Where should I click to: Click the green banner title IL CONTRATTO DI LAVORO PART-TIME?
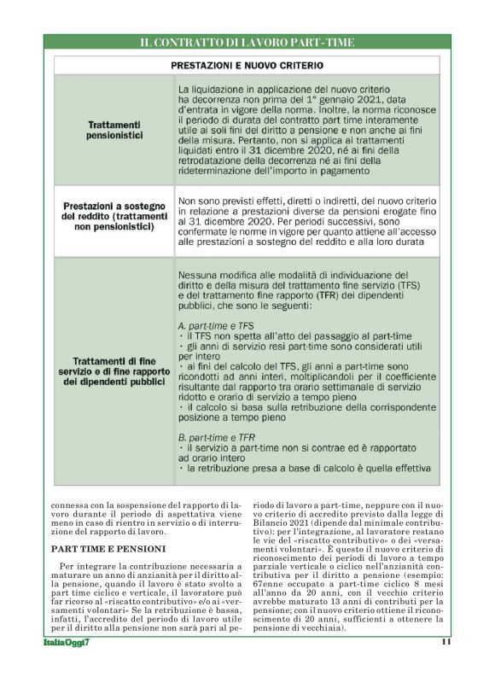tap(247, 42)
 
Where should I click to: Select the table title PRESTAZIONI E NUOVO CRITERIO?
tap(247, 65)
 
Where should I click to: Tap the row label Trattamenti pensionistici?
tap(114, 129)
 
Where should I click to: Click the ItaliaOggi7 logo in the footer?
tap(67, 642)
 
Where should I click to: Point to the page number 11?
tap(445, 642)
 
